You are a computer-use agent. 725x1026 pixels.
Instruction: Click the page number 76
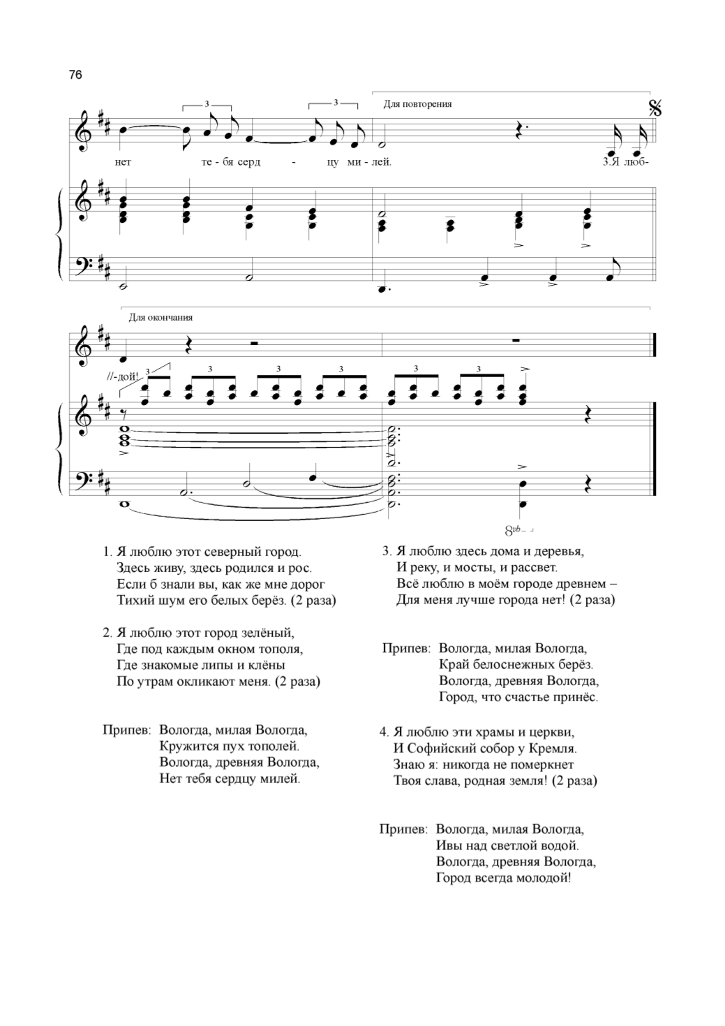click(x=76, y=74)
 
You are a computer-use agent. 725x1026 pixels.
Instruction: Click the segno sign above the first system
click(x=655, y=108)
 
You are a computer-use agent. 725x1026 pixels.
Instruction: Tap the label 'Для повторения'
click(x=417, y=104)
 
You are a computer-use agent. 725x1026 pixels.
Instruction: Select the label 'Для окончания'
click(x=160, y=317)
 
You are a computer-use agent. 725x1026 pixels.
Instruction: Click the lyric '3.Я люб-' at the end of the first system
click(x=625, y=163)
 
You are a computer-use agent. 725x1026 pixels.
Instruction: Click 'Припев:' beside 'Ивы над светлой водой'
click(x=403, y=830)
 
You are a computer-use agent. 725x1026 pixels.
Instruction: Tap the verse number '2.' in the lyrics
click(x=107, y=633)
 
